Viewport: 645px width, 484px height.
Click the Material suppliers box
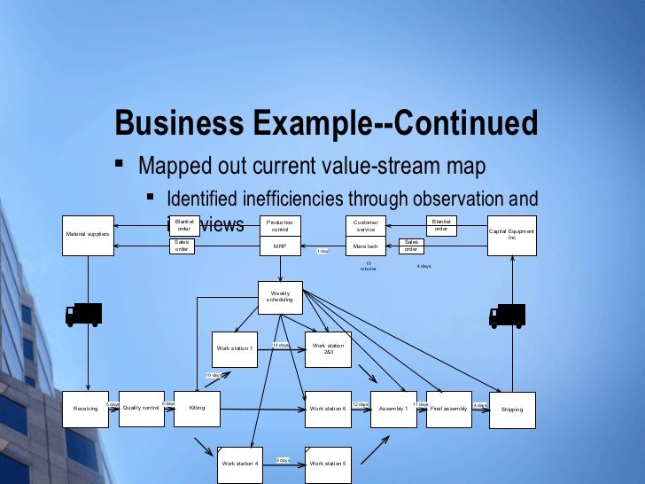click(87, 234)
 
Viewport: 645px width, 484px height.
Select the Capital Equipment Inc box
click(511, 234)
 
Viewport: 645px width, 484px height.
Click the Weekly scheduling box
click(280, 297)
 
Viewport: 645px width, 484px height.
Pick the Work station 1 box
click(235, 348)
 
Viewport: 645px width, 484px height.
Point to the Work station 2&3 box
click(328, 348)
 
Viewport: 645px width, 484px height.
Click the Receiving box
click(86, 409)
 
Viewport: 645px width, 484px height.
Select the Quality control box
click(141, 409)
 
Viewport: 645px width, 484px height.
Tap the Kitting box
click(197, 409)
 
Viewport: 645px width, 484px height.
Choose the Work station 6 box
click(328, 409)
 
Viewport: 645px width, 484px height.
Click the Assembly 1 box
click(393, 409)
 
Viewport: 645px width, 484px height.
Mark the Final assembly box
click(448, 409)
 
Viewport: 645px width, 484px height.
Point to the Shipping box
click(512, 409)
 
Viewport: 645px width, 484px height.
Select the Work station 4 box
click(240, 464)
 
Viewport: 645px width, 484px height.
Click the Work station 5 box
click(328, 464)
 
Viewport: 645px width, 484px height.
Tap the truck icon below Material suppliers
click(84, 314)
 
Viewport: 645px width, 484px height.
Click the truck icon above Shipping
click(508, 315)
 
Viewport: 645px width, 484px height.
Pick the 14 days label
click(281, 345)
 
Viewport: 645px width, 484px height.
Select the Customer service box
click(366, 225)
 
